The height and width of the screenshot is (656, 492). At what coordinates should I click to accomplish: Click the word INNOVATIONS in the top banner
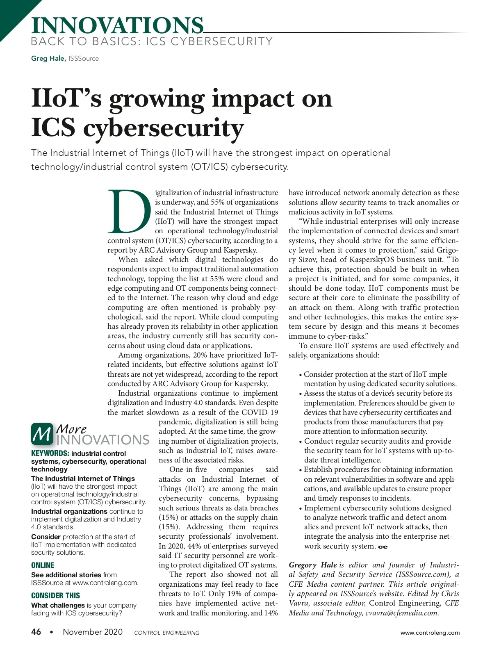click(x=117, y=25)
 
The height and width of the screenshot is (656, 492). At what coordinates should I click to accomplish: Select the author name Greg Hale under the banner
click(x=48, y=59)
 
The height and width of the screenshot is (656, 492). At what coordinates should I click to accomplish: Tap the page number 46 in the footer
click(x=36, y=632)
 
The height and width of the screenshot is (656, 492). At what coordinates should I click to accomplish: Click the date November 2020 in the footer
click(x=93, y=632)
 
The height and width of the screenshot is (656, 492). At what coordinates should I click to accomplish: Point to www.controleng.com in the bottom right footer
click(x=430, y=633)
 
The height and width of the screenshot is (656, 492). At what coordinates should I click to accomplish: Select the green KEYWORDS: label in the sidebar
click(x=50, y=453)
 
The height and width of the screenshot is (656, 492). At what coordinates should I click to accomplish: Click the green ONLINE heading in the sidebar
click(x=43, y=565)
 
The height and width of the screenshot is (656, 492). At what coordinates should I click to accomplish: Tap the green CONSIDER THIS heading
click(x=55, y=596)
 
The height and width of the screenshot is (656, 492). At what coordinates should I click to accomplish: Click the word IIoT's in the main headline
click(x=66, y=99)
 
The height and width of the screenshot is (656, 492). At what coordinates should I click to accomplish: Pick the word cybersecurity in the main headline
click(x=164, y=128)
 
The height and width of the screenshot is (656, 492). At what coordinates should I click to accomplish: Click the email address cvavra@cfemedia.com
click(x=402, y=613)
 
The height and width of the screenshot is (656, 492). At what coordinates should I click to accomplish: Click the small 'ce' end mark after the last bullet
click(x=383, y=547)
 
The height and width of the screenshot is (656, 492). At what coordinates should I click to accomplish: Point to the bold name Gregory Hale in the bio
click(x=313, y=565)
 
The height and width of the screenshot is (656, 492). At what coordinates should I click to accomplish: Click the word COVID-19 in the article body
click(x=260, y=412)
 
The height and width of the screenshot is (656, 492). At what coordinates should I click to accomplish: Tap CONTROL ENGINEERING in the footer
click(x=167, y=633)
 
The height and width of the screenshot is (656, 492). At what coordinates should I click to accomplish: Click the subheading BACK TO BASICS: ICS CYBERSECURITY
click(x=152, y=41)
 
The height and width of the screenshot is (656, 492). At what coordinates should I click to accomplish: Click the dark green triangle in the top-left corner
click(x=12, y=12)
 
